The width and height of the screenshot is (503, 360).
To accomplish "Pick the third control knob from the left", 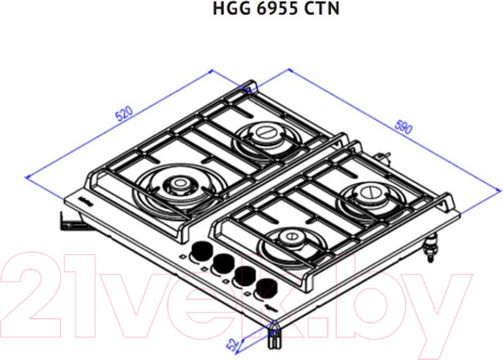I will coord(245,276).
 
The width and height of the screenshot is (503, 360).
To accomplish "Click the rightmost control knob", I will coord(267,288).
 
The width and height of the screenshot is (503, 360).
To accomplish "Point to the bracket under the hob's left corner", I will coord(67,220).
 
